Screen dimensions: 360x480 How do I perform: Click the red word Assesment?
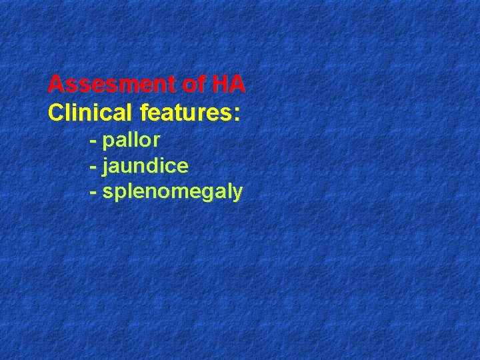[x=109, y=85]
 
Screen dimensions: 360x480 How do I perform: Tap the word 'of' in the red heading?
[x=192, y=85]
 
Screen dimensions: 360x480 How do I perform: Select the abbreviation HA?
[x=229, y=85]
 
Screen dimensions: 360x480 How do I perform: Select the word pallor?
[x=131, y=141]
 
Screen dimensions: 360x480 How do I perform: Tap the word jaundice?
[x=145, y=166]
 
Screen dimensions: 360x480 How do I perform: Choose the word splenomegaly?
[x=173, y=193]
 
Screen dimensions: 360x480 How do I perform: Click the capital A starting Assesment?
[x=56, y=85]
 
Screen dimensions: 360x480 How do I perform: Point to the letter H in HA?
[x=220, y=85]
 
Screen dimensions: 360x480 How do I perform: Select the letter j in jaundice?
[x=105, y=167]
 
